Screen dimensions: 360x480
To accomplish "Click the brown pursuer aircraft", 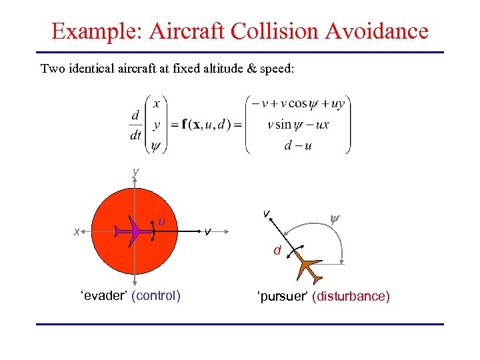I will tap(309, 268).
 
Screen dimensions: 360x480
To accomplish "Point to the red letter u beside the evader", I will tap(162, 220).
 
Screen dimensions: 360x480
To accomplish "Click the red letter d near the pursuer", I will tap(275, 251).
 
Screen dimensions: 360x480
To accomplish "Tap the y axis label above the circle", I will tap(135, 172).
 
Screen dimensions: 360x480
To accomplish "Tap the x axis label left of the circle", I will tap(77, 231).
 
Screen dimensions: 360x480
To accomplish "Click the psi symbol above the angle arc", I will tap(336, 217).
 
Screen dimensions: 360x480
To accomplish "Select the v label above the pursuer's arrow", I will tap(265, 213).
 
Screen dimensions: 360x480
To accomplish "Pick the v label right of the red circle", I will tap(209, 231).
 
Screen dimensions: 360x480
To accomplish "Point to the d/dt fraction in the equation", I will tap(136, 125).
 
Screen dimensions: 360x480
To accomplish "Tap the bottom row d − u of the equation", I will tap(297, 145).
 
